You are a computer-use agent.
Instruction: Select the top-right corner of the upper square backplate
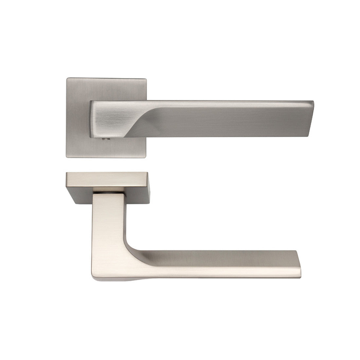tap(146, 79)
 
